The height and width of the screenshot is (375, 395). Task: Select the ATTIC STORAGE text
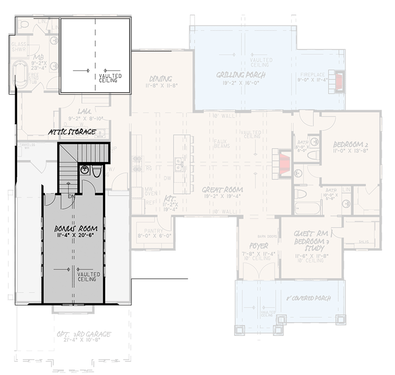pyautogui.click(x=72, y=132)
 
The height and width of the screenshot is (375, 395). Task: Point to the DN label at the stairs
pyautogui.click(x=72, y=196)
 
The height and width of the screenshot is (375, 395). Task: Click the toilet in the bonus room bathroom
pyautogui.click(x=97, y=171)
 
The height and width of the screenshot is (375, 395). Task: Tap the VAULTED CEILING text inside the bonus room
pyautogui.click(x=89, y=277)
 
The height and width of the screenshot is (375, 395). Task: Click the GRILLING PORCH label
pyautogui.click(x=241, y=75)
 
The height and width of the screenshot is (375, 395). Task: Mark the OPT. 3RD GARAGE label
pyautogui.click(x=83, y=334)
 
